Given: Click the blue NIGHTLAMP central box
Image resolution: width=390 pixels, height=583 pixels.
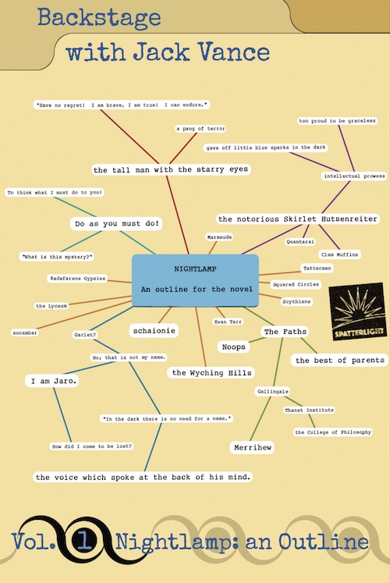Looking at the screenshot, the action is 195,280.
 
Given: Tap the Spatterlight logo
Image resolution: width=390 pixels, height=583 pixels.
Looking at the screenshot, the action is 358,311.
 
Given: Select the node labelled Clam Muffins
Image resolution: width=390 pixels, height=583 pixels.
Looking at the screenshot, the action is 339,254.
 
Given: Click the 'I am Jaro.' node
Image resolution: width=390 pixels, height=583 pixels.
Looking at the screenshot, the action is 52,381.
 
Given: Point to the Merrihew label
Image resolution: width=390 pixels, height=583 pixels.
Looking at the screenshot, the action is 253,447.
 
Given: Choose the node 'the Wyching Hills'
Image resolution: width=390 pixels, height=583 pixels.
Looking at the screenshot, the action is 211,372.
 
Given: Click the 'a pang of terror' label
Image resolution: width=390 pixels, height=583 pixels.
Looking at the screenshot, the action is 200,129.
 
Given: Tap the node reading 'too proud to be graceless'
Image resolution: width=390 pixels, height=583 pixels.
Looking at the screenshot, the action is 337,121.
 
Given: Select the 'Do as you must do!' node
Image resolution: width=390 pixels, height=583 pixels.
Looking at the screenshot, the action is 117,224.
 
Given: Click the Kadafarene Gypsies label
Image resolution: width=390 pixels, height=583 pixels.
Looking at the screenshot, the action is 78,278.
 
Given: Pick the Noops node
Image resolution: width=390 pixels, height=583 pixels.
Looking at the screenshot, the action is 234,347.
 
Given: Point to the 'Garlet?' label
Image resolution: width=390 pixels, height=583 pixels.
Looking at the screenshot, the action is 85,335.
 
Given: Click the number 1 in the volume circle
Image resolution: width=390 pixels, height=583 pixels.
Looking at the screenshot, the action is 85,540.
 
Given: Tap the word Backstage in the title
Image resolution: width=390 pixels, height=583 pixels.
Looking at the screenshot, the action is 99,17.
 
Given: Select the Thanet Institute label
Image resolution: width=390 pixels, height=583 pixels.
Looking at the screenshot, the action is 310,410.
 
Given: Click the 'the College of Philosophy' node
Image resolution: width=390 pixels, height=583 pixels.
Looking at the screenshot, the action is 333,432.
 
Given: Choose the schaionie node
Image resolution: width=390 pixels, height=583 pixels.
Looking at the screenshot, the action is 154,331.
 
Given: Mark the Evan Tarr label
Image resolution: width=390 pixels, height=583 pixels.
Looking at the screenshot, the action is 228,322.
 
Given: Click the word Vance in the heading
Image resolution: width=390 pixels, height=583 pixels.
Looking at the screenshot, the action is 234,52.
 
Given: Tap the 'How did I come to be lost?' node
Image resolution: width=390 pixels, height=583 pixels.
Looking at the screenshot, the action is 92,446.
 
